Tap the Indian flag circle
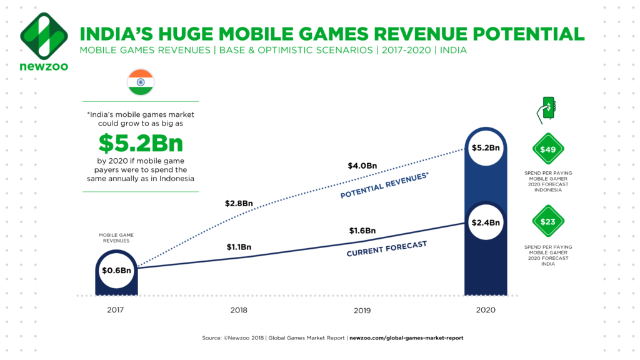(140, 82)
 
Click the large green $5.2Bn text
(141, 144)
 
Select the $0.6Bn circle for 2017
(116, 271)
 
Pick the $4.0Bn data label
(362, 166)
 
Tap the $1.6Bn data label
(362, 231)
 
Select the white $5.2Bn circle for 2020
(486, 148)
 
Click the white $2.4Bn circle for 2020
(486, 222)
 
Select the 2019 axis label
(362, 310)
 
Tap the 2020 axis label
(486, 310)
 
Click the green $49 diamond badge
(548, 149)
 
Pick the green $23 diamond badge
(548, 221)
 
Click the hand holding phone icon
(546, 110)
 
